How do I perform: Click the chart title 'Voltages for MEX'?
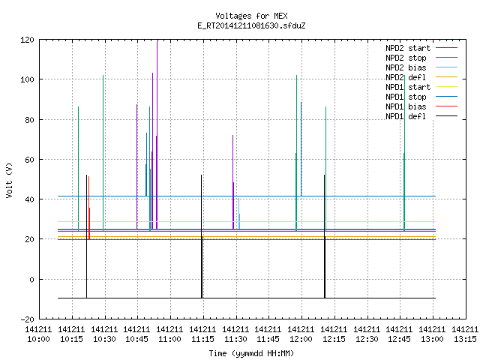[x=251, y=16]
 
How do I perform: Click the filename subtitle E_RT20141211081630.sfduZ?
[x=251, y=25]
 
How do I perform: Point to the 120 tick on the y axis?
[x=27, y=40]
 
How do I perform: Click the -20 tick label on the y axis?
[x=27, y=319]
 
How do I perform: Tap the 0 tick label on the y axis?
[x=31, y=280]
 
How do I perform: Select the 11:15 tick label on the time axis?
[x=202, y=334]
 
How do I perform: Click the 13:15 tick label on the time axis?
[x=465, y=334]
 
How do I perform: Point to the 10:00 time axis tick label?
[x=38, y=334]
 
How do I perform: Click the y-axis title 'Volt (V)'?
[x=10, y=181]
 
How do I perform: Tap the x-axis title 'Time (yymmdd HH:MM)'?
[x=251, y=353]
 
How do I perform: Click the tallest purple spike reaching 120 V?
[x=157, y=135]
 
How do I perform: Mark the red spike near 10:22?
[x=89, y=208]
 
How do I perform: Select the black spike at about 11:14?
[x=202, y=236]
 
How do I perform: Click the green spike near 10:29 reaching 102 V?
[x=103, y=153]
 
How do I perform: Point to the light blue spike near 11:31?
[x=238, y=214]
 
